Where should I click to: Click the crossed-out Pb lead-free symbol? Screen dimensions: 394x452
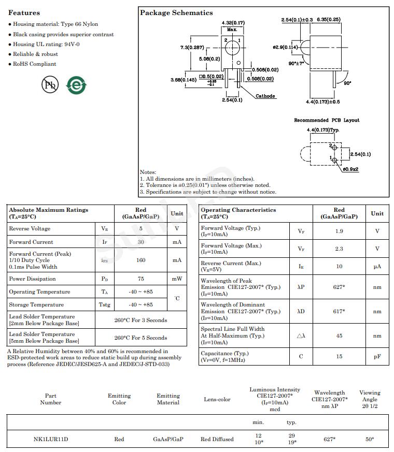point(50,85)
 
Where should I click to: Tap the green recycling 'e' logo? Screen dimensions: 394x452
point(76,85)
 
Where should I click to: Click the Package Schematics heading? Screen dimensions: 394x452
point(176,12)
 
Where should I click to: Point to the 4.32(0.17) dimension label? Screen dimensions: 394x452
point(233,22)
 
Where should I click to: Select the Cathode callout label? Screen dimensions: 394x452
point(265,96)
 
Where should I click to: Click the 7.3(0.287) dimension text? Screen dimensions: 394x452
point(192,47)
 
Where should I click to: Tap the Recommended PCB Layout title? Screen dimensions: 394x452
point(327,120)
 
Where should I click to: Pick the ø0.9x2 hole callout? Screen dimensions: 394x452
point(350,169)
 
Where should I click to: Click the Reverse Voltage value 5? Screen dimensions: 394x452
point(141,229)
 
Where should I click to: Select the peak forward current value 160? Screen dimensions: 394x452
point(141,260)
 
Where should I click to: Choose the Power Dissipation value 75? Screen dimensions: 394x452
point(141,279)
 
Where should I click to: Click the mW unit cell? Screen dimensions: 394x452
point(177,279)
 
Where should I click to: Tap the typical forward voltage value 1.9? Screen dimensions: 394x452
point(339,231)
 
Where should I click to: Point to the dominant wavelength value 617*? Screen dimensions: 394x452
point(339,311)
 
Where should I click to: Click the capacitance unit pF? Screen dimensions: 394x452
point(377,357)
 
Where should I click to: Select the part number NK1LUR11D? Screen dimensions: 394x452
point(51,440)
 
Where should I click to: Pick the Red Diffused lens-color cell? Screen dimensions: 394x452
point(217,440)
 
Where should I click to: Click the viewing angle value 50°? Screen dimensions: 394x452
point(370,440)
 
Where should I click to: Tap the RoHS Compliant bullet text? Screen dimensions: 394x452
point(35,64)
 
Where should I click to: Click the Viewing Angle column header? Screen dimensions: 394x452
point(370,399)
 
